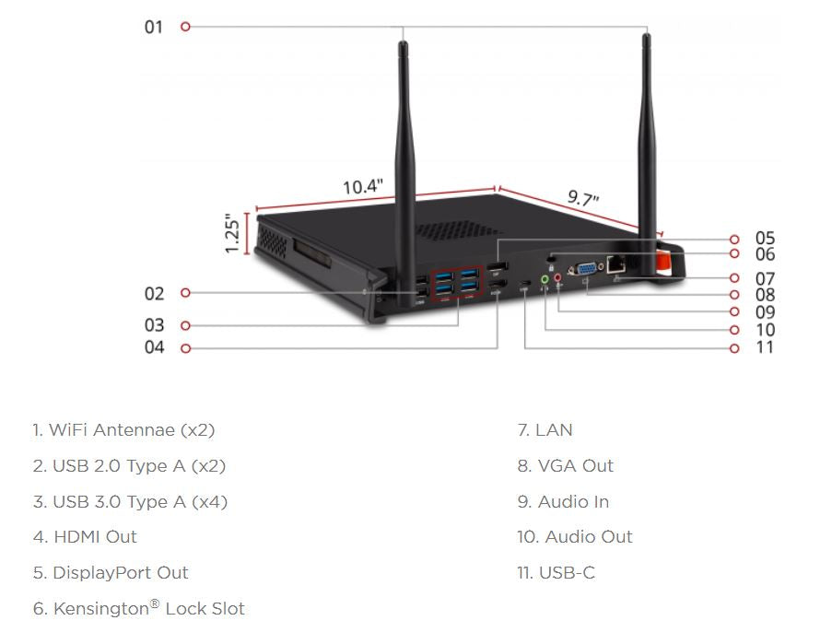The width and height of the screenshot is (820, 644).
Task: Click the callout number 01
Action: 153,27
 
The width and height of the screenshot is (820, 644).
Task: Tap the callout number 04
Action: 154,348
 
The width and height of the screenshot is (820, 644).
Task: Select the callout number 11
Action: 765,348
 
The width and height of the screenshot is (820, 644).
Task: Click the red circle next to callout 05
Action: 734,240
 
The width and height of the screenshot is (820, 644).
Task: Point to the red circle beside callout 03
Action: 185,325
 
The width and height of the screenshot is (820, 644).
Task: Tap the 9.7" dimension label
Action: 582,198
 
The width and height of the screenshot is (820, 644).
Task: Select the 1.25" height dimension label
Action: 234,234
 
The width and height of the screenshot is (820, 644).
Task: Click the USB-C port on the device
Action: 524,282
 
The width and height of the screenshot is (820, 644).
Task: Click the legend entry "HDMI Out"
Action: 94,537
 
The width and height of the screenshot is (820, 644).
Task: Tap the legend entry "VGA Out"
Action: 574,466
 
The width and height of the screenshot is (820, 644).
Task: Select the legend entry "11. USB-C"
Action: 556,573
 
